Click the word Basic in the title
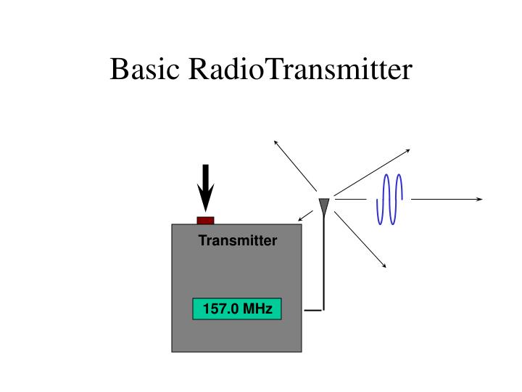tap(145, 70)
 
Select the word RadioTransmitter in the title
tap(300, 70)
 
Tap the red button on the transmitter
tap(206, 220)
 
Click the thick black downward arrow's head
tap(206, 200)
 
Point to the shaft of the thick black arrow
tap(206, 178)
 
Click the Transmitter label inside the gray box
tap(238, 241)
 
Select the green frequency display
tap(236, 309)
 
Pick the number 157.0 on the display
tap(220, 309)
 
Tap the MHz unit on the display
tap(258, 309)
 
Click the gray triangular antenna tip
tap(324, 205)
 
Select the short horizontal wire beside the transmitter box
tap(313, 310)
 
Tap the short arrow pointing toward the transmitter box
tap(305, 216)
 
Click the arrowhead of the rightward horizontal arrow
tap(479, 199)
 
